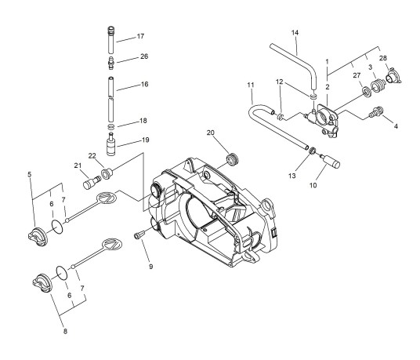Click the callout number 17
tap(140, 36)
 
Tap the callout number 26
tap(144, 56)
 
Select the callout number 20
tap(211, 133)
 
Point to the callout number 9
tap(150, 267)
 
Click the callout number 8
tap(65, 331)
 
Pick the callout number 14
tap(295, 33)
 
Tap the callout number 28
tap(383, 58)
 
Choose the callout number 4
tap(396, 125)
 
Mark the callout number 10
tap(313, 185)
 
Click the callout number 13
tap(292, 176)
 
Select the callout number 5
tap(30, 174)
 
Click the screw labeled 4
tap(376, 111)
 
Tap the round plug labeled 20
tap(232, 159)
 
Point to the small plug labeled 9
tap(139, 235)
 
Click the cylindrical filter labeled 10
tap(331, 161)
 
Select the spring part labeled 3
tap(378, 85)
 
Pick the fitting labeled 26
tap(111, 63)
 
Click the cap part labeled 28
tap(393, 75)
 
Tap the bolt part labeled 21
tap(92, 182)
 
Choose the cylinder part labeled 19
tap(111, 144)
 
